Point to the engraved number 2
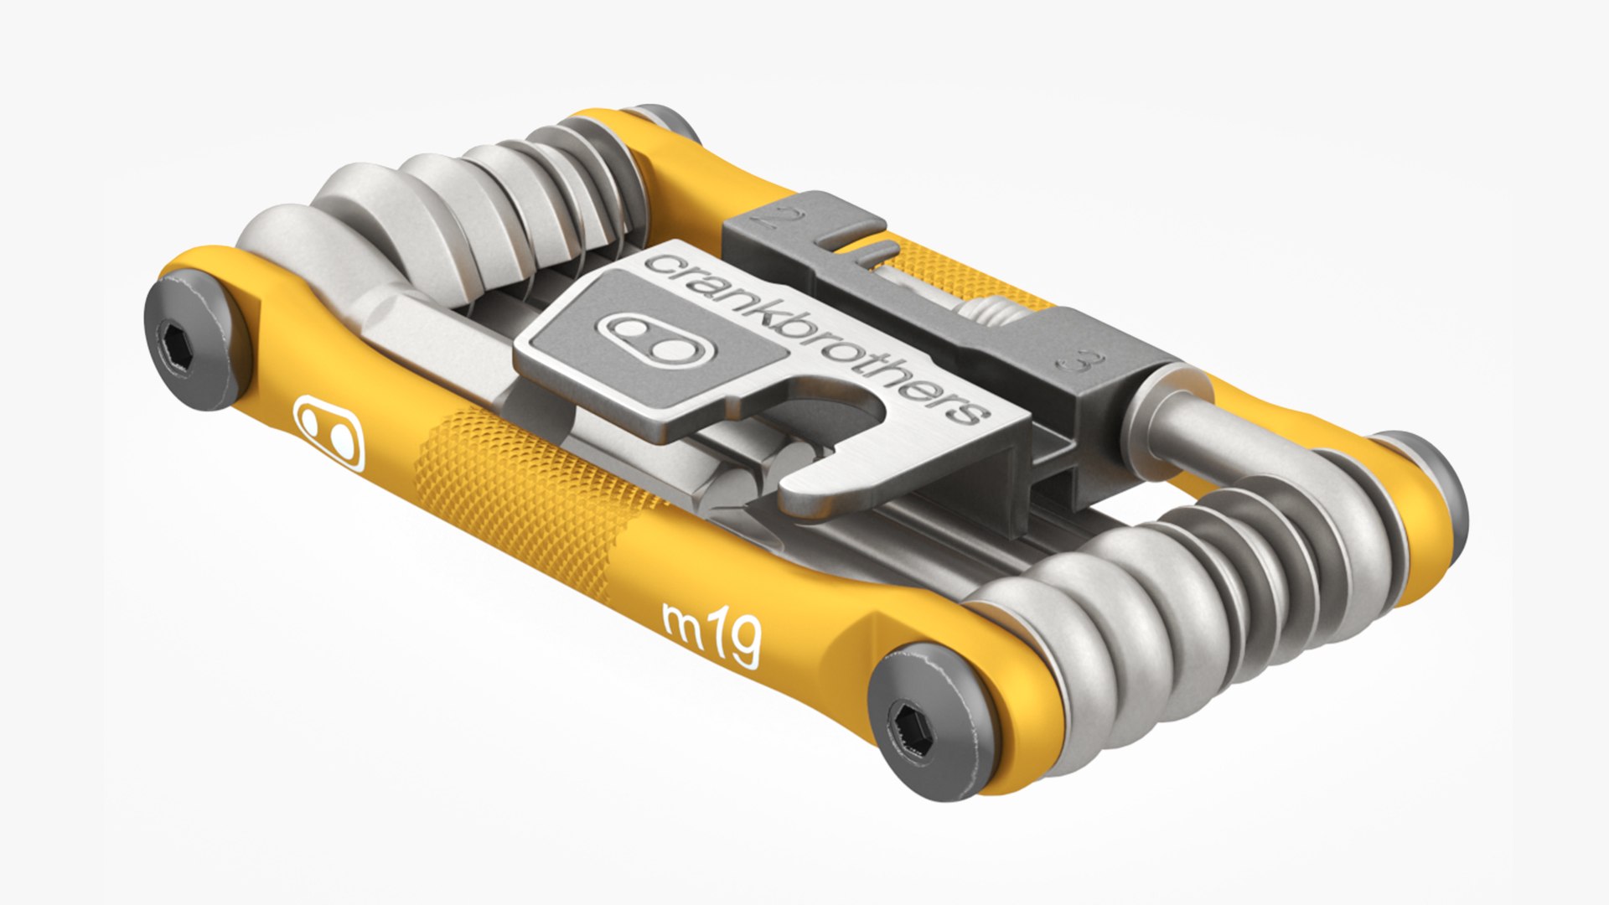[773, 220]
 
